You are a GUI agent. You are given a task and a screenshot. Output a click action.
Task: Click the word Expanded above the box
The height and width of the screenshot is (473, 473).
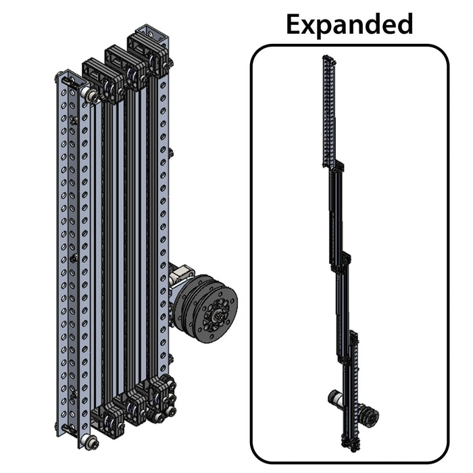coord(349,24)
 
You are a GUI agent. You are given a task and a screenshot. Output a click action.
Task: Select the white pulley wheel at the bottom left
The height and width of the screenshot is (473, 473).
coord(89,443)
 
